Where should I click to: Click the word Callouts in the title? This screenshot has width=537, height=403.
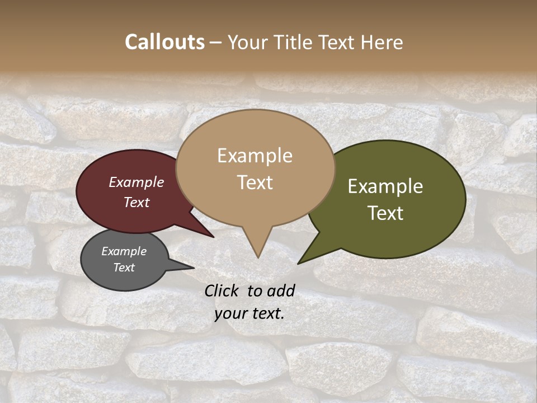coord(164,42)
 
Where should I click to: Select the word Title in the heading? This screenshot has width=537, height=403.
coord(295,42)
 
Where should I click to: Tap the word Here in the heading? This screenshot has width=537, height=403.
coord(381,42)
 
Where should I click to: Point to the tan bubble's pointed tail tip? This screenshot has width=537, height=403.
coord(258,257)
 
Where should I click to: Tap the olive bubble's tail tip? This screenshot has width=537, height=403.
coord(298,264)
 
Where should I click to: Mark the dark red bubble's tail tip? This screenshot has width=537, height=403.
coord(214,237)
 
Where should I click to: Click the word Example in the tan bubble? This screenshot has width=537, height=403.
coord(255,155)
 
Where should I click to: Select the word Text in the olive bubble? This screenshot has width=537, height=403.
coord(385,213)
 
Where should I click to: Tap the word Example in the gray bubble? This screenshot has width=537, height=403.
coord(124,251)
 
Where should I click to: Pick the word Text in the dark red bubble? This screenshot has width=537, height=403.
coord(136,202)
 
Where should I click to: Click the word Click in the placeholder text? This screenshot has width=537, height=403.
coord(223,290)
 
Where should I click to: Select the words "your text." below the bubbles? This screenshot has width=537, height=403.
coord(249,313)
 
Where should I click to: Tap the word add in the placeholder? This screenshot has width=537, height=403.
coord(281,290)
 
